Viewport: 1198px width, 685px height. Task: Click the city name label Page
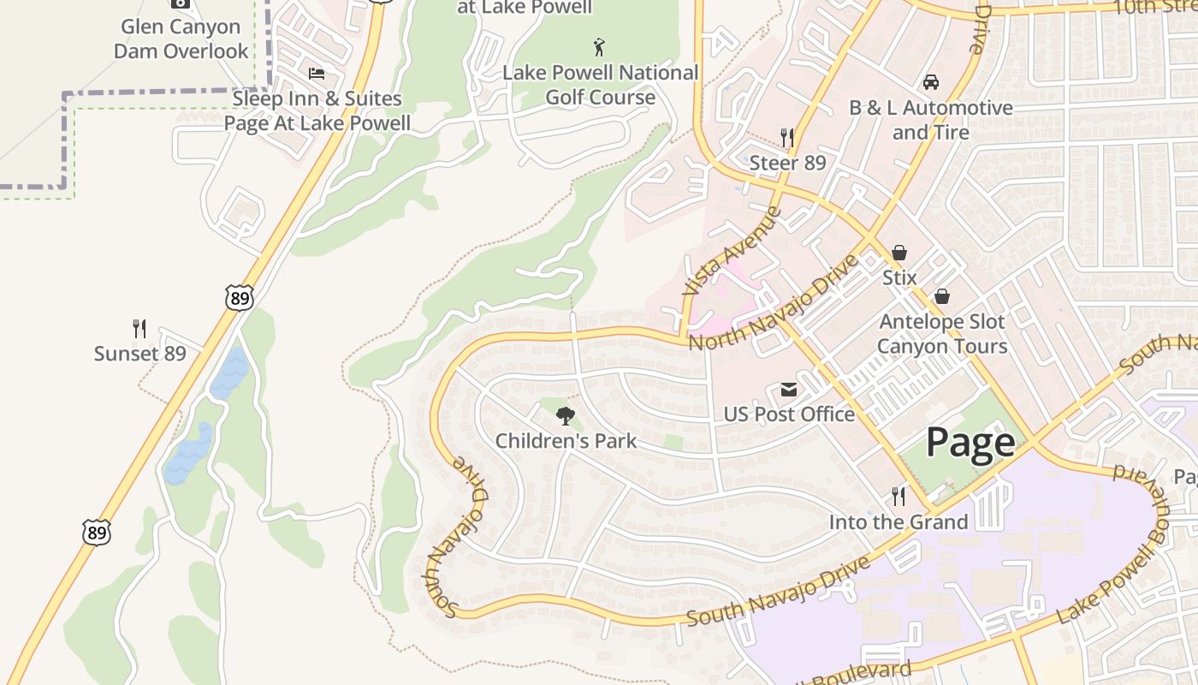pyautogui.click(x=970, y=443)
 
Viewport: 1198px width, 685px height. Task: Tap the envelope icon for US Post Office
pyautogui.click(x=788, y=390)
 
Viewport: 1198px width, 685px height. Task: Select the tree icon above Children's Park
pyautogui.click(x=565, y=417)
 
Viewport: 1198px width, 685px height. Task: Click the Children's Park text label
pyautogui.click(x=566, y=441)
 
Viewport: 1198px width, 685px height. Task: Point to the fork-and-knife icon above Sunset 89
pyautogui.click(x=139, y=329)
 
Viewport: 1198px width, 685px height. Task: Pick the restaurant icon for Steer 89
pyautogui.click(x=787, y=138)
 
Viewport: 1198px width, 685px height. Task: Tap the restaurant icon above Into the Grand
pyautogui.click(x=898, y=497)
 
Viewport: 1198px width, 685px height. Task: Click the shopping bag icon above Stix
pyautogui.click(x=899, y=253)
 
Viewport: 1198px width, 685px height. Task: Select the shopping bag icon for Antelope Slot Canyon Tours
pyautogui.click(x=941, y=296)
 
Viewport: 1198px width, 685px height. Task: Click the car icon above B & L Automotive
pyautogui.click(x=930, y=83)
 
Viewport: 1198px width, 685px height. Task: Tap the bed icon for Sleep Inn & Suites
pyautogui.click(x=317, y=74)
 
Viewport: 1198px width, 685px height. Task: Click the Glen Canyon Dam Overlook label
pyautogui.click(x=181, y=39)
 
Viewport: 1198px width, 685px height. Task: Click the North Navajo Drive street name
pyautogui.click(x=772, y=303)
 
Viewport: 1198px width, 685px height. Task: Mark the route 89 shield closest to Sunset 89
pyautogui.click(x=240, y=297)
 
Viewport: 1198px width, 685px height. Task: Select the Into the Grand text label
pyautogui.click(x=898, y=521)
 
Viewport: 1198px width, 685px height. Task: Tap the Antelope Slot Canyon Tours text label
pyautogui.click(x=941, y=334)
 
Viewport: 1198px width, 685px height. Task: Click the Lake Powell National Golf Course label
pyautogui.click(x=600, y=85)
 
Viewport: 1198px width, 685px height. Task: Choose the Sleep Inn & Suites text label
pyautogui.click(x=317, y=110)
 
